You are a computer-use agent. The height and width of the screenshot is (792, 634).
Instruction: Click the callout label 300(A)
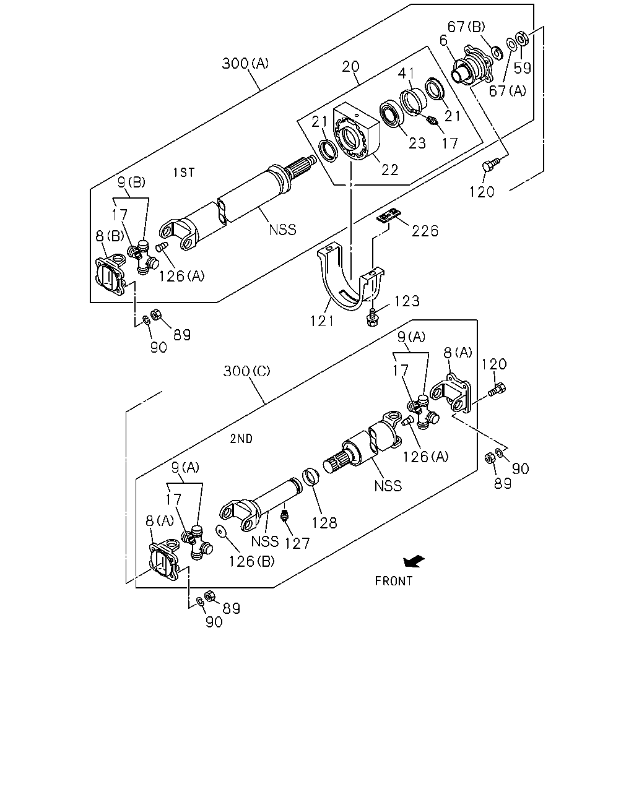click(x=245, y=63)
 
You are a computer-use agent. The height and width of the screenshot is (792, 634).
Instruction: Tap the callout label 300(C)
click(x=247, y=371)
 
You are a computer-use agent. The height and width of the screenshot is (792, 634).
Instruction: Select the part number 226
click(x=425, y=231)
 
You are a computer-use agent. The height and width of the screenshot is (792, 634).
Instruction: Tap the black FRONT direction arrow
click(x=414, y=561)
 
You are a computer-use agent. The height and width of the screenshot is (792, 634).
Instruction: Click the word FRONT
click(x=393, y=581)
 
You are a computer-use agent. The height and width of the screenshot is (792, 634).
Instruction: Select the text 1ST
click(x=184, y=172)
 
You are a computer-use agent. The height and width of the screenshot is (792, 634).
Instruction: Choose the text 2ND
click(x=241, y=439)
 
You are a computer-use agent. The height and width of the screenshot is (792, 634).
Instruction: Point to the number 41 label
click(x=406, y=73)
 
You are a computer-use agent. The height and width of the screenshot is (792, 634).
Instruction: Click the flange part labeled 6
click(x=472, y=69)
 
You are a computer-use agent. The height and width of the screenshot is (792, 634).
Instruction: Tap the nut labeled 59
click(x=522, y=38)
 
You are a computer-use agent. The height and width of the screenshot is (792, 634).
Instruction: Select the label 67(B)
click(x=466, y=27)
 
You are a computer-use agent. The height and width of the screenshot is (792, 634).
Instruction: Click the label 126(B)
click(x=252, y=561)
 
